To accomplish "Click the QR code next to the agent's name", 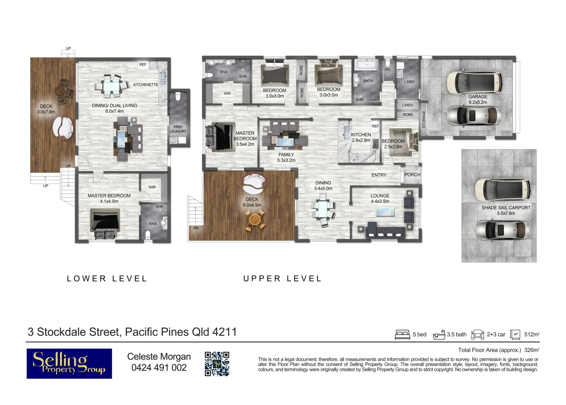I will tap(217, 364).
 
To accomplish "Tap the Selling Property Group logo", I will tap(69, 363).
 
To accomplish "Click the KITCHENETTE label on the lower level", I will tap(146, 85).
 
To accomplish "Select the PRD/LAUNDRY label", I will tap(178, 129).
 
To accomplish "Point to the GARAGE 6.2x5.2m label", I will tap(478, 99).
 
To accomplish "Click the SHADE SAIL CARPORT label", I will tap(506, 210).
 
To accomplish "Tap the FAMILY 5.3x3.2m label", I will tap(286, 157).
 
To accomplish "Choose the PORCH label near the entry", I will tap(412, 175).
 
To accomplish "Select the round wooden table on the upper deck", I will tap(255, 220).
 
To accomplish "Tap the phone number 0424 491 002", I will tap(159, 368).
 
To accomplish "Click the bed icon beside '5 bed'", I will tap(402, 334).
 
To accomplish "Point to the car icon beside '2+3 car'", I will tap(477, 334).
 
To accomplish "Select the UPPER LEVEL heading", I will tap(282, 279).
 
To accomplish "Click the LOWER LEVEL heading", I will tap(107, 279).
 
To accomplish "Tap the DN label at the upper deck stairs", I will tap(196, 228).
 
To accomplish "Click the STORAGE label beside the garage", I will tap(424, 119).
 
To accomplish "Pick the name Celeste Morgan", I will tap(159, 357).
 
